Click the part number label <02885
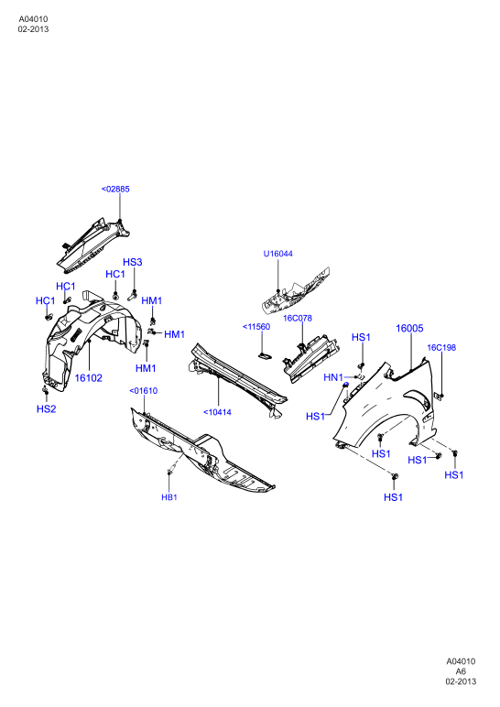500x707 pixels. [x=115, y=189]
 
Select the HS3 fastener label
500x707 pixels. [x=133, y=262]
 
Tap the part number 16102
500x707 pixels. [x=88, y=378]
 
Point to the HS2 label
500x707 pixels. [x=47, y=409]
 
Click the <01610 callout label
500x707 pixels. [x=144, y=390]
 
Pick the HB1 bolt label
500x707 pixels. [x=169, y=497]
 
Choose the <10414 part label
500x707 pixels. [x=217, y=412]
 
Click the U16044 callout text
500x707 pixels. [x=278, y=254]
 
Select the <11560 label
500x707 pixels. [x=256, y=326]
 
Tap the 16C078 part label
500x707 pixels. [x=298, y=318]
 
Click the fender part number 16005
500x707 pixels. [x=410, y=328]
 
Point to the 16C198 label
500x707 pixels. [x=441, y=347]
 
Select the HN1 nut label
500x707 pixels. [x=333, y=377]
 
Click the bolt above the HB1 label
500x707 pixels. [x=170, y=472]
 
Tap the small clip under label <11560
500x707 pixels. [x=265, y=356]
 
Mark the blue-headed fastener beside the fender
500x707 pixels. [x=346, y=384]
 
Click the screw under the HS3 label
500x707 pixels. [x=132, y=296]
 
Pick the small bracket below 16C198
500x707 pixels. [x=439, y=396]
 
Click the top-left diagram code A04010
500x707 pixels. [x=33, y=19]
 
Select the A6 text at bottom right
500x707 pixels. [x=461, y=671]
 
